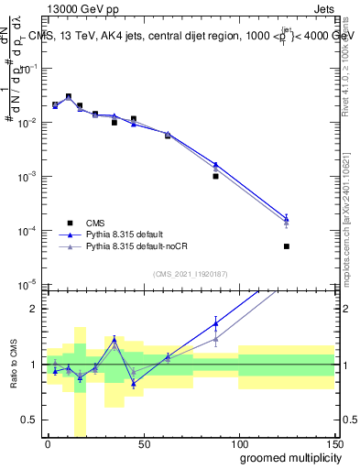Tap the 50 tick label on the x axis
pos(143,444)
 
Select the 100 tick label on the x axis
pos(238,444)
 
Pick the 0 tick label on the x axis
pos(48,444)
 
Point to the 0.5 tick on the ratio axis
pos(30,420)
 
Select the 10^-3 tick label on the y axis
pos(27,176)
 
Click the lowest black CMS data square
pos(287,246)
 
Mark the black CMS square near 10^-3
pos(215,176)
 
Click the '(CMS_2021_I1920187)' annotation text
pos(191,273)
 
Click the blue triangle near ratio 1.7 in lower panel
pos(215,322)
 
